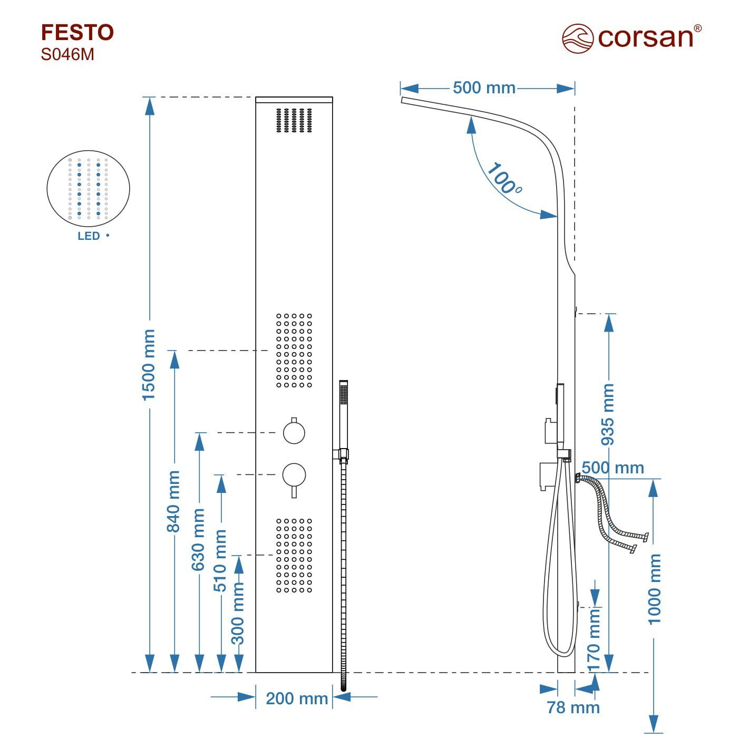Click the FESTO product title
(77, 33)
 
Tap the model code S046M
(67, 54)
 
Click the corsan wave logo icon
(578, 38)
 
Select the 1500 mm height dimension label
(149, 364)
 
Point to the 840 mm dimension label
(174, 501)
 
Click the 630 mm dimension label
(198, 539)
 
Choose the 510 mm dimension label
(220, 560)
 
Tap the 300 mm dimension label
(238, 614)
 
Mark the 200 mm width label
(297, 698)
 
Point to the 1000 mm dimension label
(654, 589)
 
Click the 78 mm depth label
(573, 707)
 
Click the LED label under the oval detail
(89, 236)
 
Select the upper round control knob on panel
(294, 432)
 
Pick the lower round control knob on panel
(294, 474)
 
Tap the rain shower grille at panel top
(294, 120)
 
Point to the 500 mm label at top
(484, 88)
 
